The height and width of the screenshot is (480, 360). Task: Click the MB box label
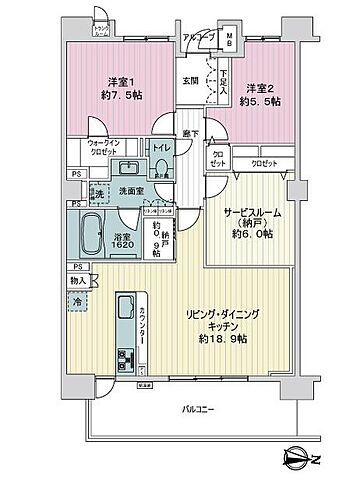coord(229,41)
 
